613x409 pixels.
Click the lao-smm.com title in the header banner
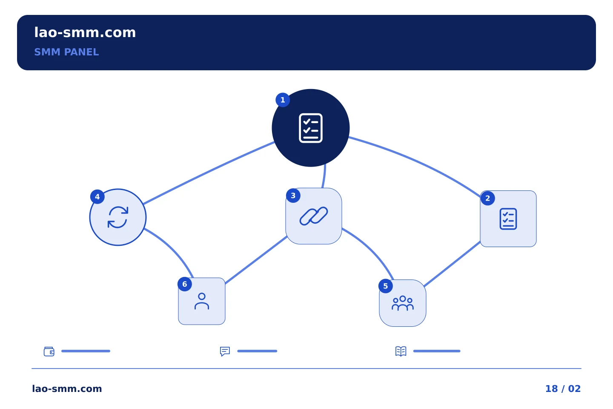[x=85, y=33]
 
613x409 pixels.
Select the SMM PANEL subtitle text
[x=66, y=52]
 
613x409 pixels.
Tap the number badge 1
[x=283, y=100]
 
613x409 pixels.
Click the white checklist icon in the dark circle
[x=311, y=128]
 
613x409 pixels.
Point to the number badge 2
[x=488, y=199]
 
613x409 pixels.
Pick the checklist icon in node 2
[x=508, y=219]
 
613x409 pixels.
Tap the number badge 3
[x=293, y=196]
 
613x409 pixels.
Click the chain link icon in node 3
[x=314, y=216]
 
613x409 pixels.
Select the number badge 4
[x=97, y=197]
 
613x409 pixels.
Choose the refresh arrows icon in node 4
[x=118, y=217]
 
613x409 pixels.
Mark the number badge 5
[x=386, y=286]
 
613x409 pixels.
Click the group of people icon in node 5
[x=403, y=303]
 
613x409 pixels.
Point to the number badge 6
[x=185, y=284]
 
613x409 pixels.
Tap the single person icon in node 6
[x=202, y=301]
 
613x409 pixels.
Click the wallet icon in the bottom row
[x=49, y=351]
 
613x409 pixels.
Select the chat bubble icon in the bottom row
[x=225, y=351]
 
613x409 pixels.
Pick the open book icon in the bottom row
[x=401, y=351]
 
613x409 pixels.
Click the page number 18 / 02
[x=563, y=389]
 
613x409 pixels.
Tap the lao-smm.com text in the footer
[x=67, y=389]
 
